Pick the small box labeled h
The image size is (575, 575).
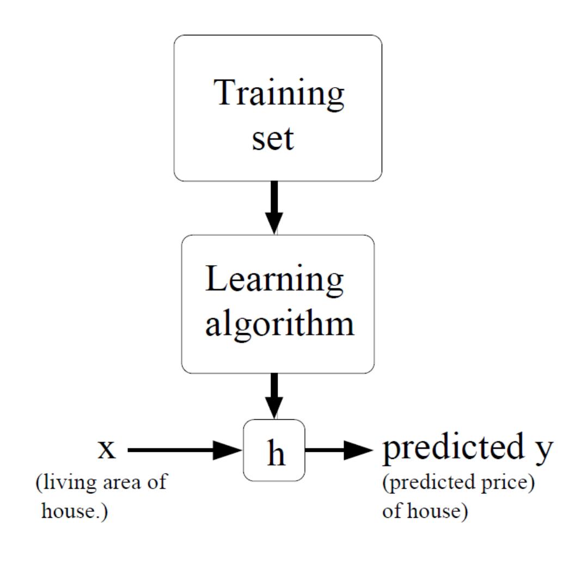[274, 450]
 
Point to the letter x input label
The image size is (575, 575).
[107, 450]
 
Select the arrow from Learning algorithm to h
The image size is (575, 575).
[274, 395]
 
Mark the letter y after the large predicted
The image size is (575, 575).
[542, 452]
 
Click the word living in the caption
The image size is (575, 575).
[65, 483]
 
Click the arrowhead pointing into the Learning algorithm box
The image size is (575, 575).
[274, 223]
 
